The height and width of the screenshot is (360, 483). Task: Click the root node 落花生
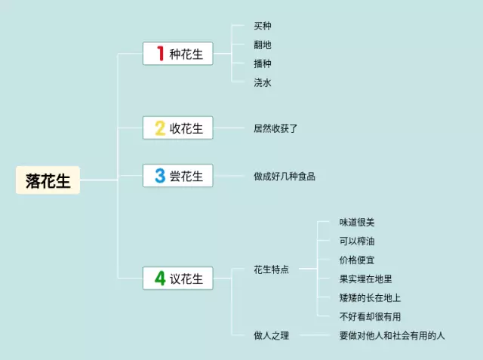pos(48,180)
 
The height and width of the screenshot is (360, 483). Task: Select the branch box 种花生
pos(178,54)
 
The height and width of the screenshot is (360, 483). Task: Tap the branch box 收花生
pos(178,128)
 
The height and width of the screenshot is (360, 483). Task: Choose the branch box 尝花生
pos(178,176)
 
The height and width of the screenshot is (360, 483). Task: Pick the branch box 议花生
pos(178,278)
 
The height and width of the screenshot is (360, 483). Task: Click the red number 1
pos(159,54)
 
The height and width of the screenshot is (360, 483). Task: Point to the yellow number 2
pos(159,128)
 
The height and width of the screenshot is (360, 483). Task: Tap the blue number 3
pos(159,176)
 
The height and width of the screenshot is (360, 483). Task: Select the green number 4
pos(159,278)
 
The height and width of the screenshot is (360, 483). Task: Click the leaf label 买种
pos(263,26)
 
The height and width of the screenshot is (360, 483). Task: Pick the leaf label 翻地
pos(263,45)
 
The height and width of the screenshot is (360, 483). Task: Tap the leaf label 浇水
pos(263,82)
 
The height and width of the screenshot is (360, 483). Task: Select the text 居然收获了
pos(276,128)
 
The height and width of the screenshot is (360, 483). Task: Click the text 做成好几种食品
pos(285,176)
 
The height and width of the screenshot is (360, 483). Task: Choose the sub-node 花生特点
pos(271,269)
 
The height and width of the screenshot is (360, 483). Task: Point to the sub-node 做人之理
pos(271,335)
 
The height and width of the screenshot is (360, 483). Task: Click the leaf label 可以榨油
pos(357,242)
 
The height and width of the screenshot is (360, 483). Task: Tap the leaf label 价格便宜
pos(357,260)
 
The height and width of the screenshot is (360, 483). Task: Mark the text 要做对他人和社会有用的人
pos(392,335)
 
